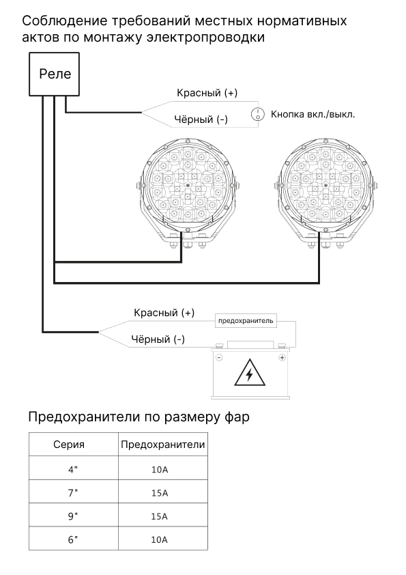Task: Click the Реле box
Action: click(54, 74)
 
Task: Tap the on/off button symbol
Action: click(258, 115)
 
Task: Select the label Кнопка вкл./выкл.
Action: click(313, 114)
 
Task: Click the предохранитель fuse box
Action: click(246, 321)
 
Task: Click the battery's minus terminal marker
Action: click(219, 358)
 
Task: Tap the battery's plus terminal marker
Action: click(282, 358)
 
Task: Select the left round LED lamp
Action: click(187, 193)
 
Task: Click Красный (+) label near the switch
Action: click(207, 93)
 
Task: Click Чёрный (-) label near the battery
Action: click(158, 339)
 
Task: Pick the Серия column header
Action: click(69, 445)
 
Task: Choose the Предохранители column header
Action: click(162, 445)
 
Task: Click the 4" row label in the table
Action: click(73, 469)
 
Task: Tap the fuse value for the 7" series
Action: click(160, 493)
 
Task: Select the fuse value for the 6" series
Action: click(160, 539)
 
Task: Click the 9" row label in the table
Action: click(73, 516)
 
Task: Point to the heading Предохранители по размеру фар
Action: click(139, 417)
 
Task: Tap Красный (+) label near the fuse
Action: click(164, 313)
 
